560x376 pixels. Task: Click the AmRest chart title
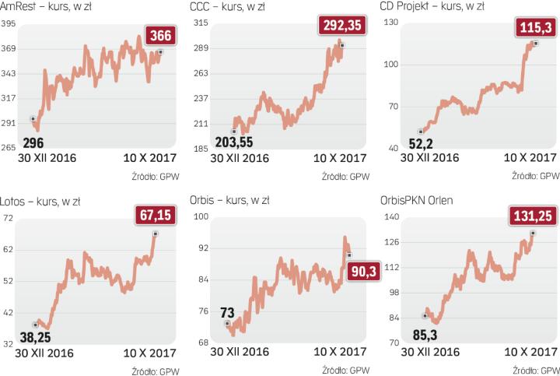49,8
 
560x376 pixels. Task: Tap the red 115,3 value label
535,28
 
